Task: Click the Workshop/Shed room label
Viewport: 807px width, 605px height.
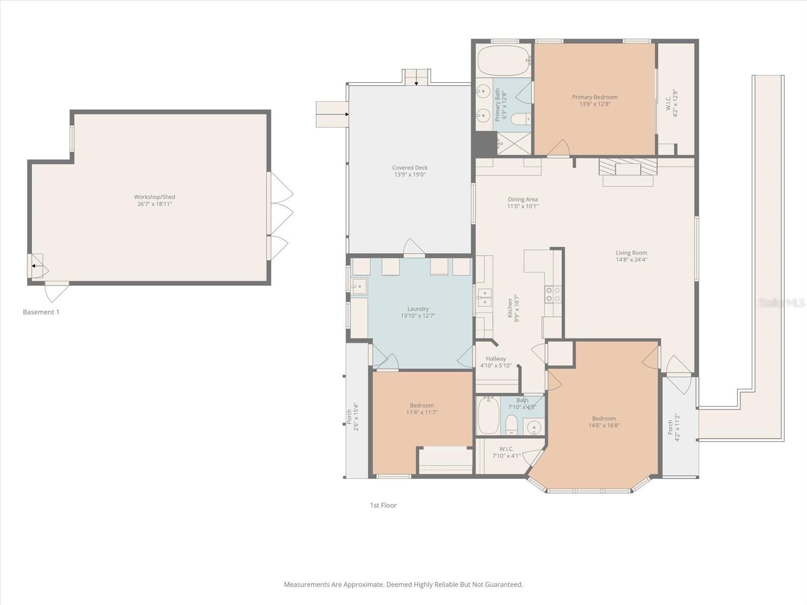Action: [154, 197]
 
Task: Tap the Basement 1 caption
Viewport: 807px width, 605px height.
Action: [41, 312]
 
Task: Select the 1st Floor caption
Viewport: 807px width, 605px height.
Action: [383, 505]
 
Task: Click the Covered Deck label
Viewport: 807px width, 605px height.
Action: [410, 168]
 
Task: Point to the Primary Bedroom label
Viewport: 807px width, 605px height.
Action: [594, 97]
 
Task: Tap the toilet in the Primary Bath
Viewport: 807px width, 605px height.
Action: [520, 119]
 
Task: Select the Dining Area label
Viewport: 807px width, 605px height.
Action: [523, 200]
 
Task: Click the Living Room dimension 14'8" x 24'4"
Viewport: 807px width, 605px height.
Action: [631, 260]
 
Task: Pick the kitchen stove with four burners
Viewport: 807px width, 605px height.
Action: [553, 294]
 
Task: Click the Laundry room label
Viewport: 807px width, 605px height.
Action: [418, 309]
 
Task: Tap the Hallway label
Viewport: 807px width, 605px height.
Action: [496, 359]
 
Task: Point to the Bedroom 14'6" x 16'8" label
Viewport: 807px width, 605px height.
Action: [604, 418]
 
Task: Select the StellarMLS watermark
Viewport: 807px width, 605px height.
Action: [782, 302]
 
